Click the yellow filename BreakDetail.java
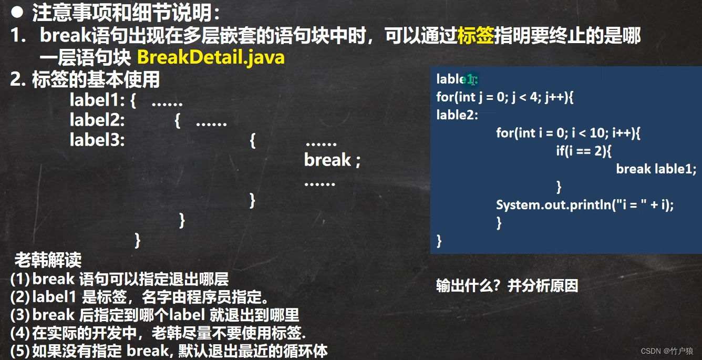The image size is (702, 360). (x=211, y=57)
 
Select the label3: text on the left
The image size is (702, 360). (x=97, y=140)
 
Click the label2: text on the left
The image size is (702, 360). (x=97, y=121)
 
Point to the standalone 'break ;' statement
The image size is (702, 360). (x=332, y=160)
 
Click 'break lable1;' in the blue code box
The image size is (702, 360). (x=656, y=169)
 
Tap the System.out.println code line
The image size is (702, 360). (x=584, y=204)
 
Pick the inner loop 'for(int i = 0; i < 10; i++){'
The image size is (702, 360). (x=568, y=133)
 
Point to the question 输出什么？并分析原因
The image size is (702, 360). (x=507, y=286)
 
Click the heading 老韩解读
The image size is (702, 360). (x=48, y=260)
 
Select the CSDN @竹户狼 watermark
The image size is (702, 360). (x=667, y=351)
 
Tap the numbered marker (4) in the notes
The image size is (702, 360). (x=19, y=333)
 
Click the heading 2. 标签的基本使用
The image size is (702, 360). (x=85, y=80)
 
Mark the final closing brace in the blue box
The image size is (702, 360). (x=439, y=241)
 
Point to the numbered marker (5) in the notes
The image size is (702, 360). (x=19, y=351)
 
